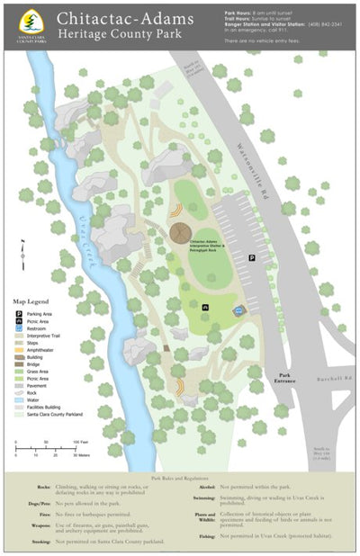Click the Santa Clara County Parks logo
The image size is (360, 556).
[x=32, y=24]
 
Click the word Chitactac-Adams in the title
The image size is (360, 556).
[x=121, y=17]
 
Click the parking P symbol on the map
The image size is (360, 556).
[x=252, y=257]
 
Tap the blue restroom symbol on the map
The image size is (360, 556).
[x=238, y=310]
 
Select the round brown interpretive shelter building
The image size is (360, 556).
[x=184, y=232]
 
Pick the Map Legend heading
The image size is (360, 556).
[x=31, y=301]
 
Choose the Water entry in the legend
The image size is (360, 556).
[x=33, y=400]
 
